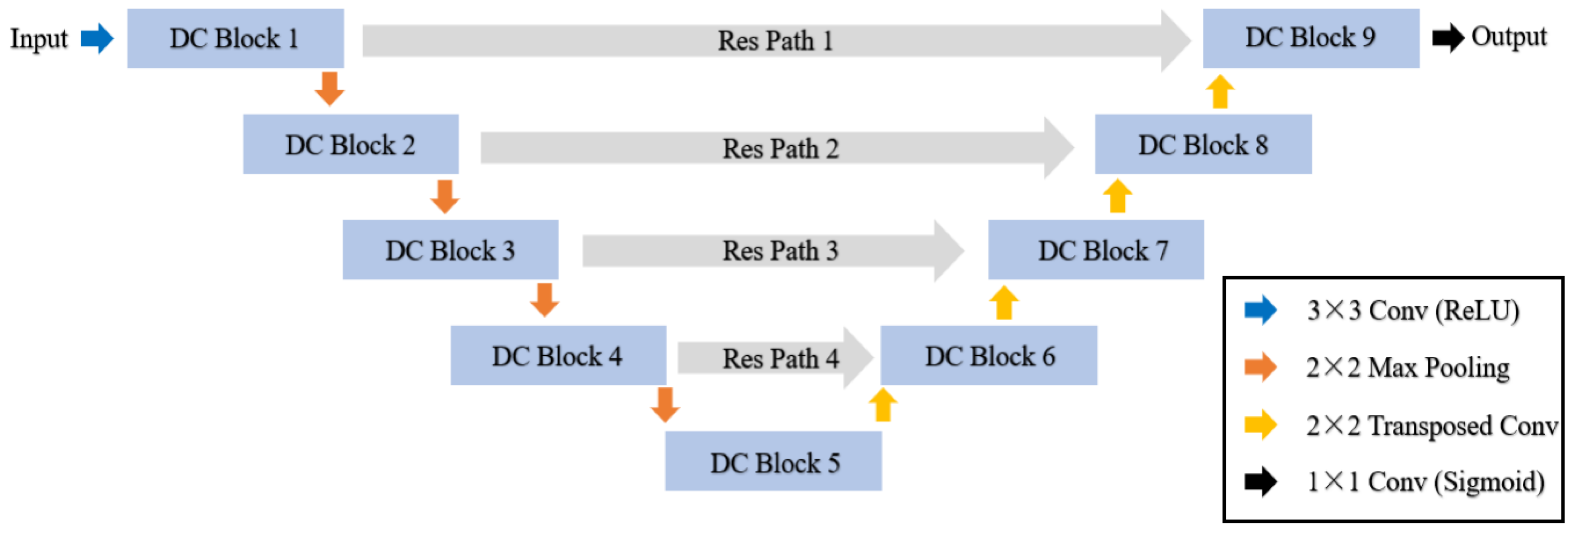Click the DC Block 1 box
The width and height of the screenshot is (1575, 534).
coord(236,38)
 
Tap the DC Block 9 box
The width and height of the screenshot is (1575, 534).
coord(1310,38)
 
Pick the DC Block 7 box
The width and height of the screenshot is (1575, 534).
coord(1096,250)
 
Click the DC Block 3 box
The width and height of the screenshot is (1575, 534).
coord(450,250)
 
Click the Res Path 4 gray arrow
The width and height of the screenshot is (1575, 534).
coord(774,358)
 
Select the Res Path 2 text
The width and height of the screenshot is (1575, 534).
coord(780,148)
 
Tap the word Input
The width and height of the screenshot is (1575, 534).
coord(39,39)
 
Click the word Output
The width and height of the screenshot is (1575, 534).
coord(1508,37)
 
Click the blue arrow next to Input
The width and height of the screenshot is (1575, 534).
coord(97,39)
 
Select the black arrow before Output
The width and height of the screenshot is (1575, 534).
coord(1447,38)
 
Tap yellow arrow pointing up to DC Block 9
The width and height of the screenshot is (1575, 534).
coord(1220,92)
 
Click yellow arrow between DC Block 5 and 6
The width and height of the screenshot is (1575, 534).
coord(882,406)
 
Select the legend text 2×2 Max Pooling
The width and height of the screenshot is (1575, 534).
coord(1407,367)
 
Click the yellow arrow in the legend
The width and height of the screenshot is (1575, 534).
coord(1260,424)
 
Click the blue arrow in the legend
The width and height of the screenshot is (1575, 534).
coord(1260,310)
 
